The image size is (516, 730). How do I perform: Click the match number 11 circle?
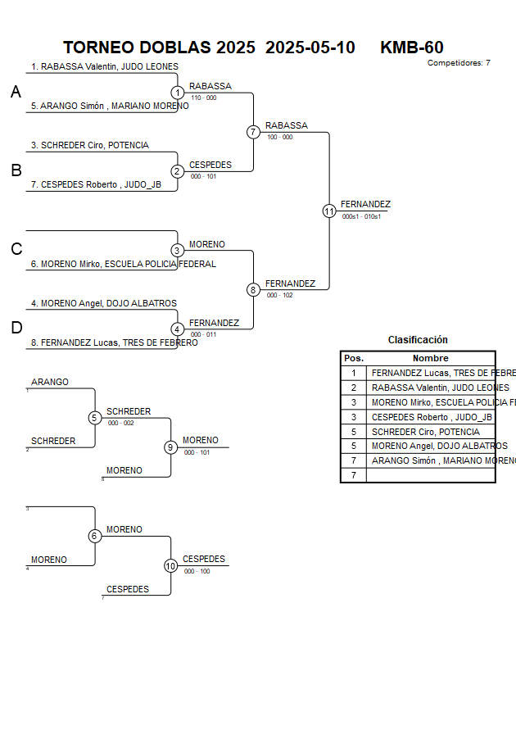[329, 211]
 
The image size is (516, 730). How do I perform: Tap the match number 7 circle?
[253, 132]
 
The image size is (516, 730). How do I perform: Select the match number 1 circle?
[177, 93]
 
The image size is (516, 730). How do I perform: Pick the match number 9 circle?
[170, 447]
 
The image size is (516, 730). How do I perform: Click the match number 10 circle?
[170, 565]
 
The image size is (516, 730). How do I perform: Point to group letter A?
[16, 93]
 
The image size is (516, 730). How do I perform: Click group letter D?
[16, 328]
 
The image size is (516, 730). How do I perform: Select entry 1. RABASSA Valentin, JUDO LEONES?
[105, 67]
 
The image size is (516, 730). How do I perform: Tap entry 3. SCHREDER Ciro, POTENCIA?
[90, 145]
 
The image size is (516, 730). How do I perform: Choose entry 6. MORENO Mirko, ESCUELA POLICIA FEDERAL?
[123, 264]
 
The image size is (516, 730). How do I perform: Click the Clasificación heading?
[418, 340]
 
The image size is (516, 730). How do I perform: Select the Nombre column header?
[430, 358]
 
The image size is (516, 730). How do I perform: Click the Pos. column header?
[353, 358]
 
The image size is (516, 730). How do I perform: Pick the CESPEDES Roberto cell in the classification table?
[432, 417]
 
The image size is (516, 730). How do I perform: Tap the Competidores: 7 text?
[459, 62]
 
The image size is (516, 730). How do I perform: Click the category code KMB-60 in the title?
[412, 48]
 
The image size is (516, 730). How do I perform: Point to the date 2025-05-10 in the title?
[310, 48]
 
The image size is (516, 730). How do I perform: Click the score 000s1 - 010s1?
[361, 216]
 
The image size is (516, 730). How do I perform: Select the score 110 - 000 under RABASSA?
[203, 97]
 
